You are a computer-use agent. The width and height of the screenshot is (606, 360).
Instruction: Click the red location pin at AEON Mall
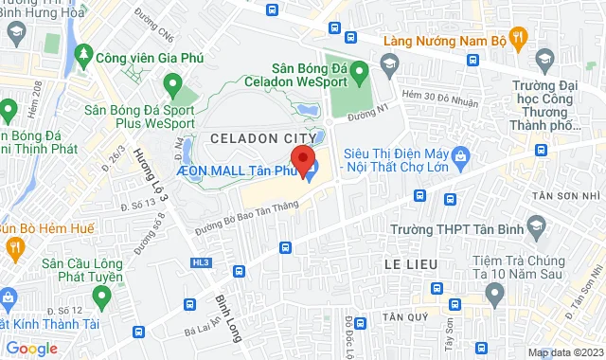(302, 159)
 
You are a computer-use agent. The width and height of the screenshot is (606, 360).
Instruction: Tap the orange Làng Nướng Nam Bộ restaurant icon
(517, 38)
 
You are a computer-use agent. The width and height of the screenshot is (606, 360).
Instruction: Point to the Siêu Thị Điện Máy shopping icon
(461, 153)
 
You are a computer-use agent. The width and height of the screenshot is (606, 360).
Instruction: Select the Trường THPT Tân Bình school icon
(537, 225)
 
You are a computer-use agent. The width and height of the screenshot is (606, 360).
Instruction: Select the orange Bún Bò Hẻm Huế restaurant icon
(13, 247)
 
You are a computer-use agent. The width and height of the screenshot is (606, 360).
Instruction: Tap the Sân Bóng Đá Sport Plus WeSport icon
(171, 86)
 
